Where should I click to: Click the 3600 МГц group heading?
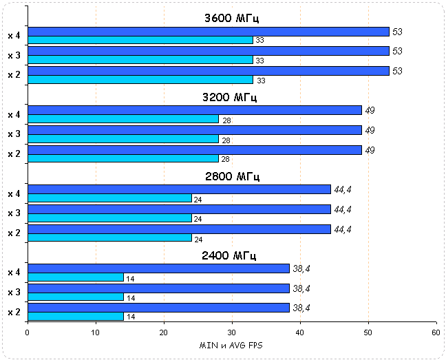(231, 18)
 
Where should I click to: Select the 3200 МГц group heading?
(231, 97)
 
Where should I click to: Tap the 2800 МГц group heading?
(231, 176)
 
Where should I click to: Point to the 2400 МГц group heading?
(231, 255)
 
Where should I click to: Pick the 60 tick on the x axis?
(435, 332)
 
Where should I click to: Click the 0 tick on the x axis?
(28, 332)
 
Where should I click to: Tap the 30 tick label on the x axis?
(231, 332)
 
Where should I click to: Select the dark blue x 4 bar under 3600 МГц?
(208, 32)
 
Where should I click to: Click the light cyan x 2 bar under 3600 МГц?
(140, 80)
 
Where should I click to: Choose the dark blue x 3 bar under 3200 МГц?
(194, 130)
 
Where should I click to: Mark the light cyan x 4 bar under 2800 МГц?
(109, 198)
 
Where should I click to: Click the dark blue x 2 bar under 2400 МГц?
(158, 308)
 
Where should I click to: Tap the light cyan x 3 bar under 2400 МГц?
(76, 297)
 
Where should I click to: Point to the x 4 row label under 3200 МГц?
(14, 114)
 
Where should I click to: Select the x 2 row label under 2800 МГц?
(14, 233)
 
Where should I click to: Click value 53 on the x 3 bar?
(397, 52)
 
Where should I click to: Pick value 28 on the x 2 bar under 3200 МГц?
(226, 160)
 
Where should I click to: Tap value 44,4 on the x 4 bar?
(343, 189)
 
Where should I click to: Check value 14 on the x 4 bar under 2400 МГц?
(131, 278)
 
